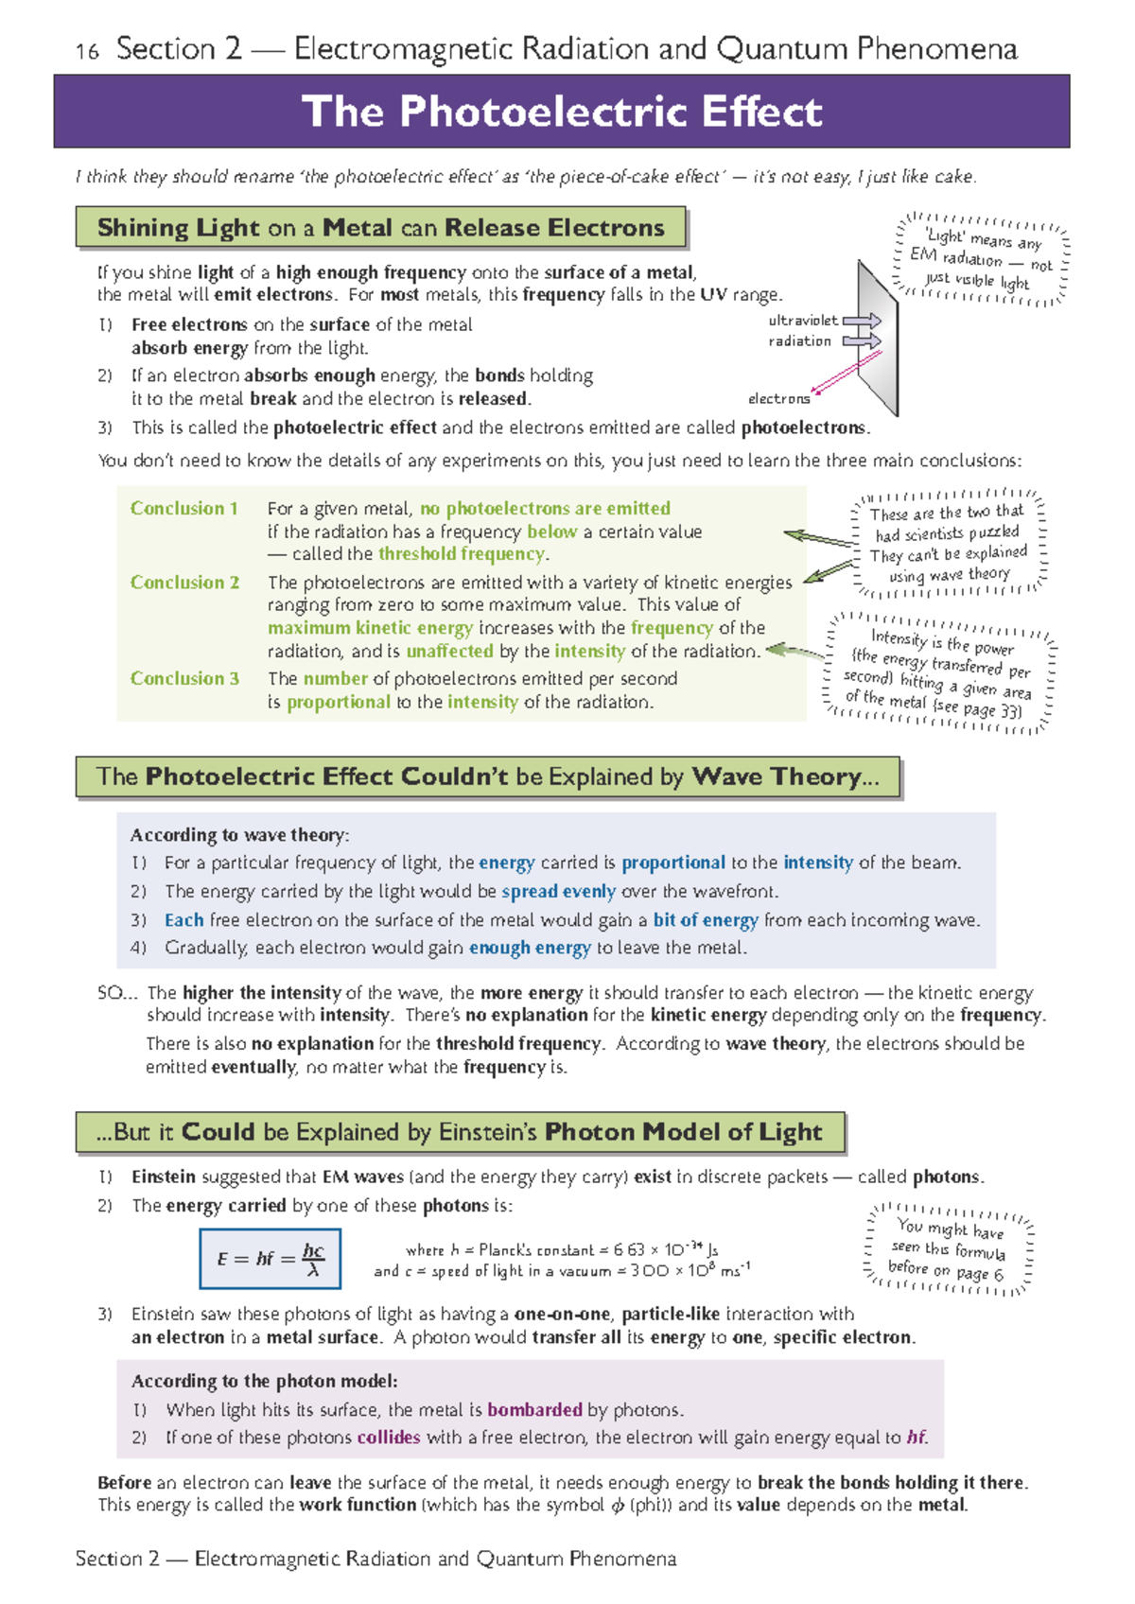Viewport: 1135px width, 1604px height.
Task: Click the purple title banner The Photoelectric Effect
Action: tap(561, 112)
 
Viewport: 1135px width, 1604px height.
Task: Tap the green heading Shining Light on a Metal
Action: tap(380, 228)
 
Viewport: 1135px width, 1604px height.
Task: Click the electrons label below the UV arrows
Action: tap(778, 399)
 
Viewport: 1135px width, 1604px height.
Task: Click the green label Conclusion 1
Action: tap(183, 509)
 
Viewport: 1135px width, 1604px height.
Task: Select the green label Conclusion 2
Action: tap(184, 583)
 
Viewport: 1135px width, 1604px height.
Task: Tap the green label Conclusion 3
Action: tap(184, 678)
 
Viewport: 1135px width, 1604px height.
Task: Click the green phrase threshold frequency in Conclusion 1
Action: tap(462, 554)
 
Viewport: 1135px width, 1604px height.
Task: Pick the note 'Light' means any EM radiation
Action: tap(980, 259)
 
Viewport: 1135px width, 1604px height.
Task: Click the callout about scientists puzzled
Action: tap(948, 544)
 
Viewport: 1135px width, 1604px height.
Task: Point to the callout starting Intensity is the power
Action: tap(938, 672)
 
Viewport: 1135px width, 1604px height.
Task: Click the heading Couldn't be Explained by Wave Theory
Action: tap(487, 777)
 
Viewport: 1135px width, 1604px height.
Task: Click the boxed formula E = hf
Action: tap(271, 1259)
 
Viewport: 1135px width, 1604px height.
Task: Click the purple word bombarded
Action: tap(534, 1409)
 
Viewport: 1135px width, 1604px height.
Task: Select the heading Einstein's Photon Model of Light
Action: tap(460, 1132)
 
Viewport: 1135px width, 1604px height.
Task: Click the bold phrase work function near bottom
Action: tap(358, 1505)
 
